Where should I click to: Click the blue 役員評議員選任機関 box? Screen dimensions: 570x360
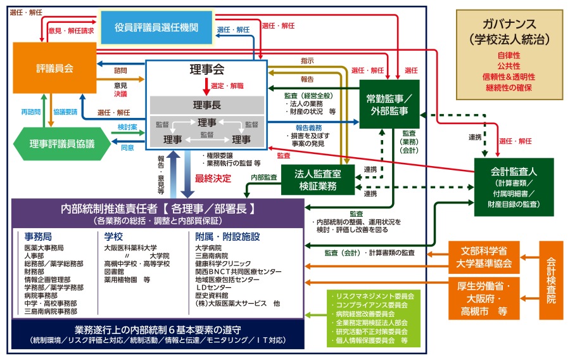click(156, 27)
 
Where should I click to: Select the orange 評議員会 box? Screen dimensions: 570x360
click(54, 68)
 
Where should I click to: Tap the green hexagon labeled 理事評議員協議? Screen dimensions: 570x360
click(62, 144)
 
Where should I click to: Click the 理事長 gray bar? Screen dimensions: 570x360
click(207, 105)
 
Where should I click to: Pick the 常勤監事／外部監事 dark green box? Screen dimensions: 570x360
click(389, 105)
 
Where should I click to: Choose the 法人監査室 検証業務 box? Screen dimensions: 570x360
click(318, 180)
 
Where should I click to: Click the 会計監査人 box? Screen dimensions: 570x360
click(514, 187)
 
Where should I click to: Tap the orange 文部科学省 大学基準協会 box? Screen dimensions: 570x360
click(484, 257)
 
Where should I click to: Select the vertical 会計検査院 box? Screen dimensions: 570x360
click(551, 280)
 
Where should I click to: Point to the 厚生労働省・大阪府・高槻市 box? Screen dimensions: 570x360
click(484, 299)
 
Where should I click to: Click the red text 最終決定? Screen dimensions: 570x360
click(213, 179)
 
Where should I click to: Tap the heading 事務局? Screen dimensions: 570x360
click(38, 237)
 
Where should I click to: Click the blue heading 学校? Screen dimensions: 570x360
click(113, 237)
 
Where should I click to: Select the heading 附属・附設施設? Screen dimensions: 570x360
click(227, 237)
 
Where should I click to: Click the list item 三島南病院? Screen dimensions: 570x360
click(212, 255)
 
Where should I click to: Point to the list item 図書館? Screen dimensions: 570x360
click(114, 272)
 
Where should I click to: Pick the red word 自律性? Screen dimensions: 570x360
click(509, 56)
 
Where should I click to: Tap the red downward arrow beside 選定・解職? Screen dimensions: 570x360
click(206, 87)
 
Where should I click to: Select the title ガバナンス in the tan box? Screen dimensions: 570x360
click(509, 24)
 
